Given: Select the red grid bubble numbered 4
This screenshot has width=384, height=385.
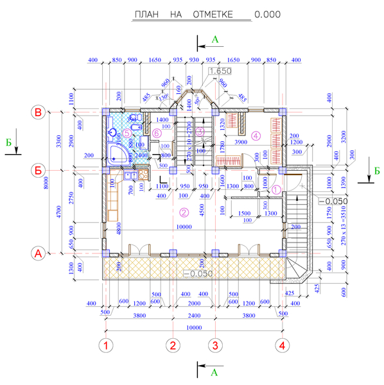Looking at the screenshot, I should pyautogui.click(x=281, y=345).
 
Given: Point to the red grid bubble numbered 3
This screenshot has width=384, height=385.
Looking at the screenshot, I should pyautogui.click(x=215, y=345).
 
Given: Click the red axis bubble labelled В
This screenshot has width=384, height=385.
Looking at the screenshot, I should pyautogui.click(x=39, y=113).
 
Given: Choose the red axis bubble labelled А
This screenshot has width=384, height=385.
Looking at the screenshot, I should pyautogui.click(x=39, y=253).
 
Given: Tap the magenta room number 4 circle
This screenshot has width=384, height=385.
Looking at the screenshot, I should pyautogui.click(x=256, y=135).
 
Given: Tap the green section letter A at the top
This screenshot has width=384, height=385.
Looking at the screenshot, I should pyautogui.click(x=215, y=39).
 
